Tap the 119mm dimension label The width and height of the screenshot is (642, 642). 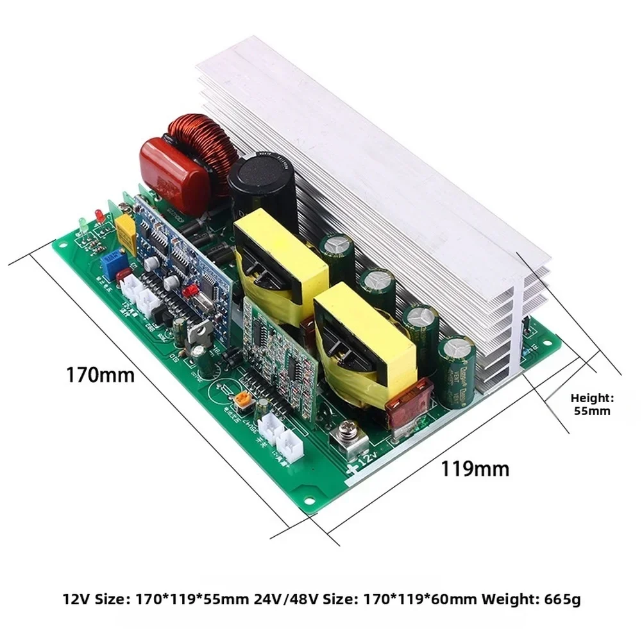click(475, 469)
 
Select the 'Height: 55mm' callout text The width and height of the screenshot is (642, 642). click(592, 404)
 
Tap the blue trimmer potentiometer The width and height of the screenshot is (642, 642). click(107, 262)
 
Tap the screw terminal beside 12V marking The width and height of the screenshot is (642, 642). click(349, 438)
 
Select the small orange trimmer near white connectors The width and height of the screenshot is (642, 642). click(242, 401)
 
